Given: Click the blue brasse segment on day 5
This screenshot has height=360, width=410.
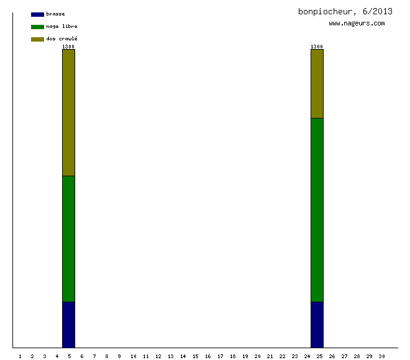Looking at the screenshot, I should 68,325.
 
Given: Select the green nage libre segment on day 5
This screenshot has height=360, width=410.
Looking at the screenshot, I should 68,239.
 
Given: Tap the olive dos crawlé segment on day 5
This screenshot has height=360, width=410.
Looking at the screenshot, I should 68,112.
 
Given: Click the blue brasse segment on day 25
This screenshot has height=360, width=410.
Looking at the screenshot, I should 317,325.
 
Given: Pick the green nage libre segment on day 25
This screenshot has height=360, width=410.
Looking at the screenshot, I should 317,210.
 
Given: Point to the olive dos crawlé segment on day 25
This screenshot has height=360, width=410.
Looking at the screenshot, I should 317,84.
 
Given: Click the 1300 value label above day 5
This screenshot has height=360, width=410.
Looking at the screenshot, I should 68,47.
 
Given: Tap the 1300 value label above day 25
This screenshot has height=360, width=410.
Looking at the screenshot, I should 317,47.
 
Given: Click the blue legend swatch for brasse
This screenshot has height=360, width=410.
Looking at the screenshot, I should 37,14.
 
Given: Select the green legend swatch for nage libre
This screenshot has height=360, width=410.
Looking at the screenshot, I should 37,27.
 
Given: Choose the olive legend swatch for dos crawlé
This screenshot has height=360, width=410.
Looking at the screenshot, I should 37,39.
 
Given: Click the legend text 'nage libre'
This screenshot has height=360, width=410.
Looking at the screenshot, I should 61,27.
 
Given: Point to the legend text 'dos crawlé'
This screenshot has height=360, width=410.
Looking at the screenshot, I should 61,39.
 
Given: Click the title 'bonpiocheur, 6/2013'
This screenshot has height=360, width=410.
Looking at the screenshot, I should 345,11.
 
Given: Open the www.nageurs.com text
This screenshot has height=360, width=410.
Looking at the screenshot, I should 357,24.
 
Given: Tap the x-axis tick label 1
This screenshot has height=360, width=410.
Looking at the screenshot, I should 20,356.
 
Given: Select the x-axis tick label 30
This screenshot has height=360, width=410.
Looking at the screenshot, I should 381,356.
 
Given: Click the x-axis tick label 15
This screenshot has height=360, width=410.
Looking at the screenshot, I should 195,356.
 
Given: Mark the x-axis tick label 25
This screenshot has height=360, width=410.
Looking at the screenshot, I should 319,356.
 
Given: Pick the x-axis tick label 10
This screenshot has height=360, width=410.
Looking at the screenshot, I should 133,356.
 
